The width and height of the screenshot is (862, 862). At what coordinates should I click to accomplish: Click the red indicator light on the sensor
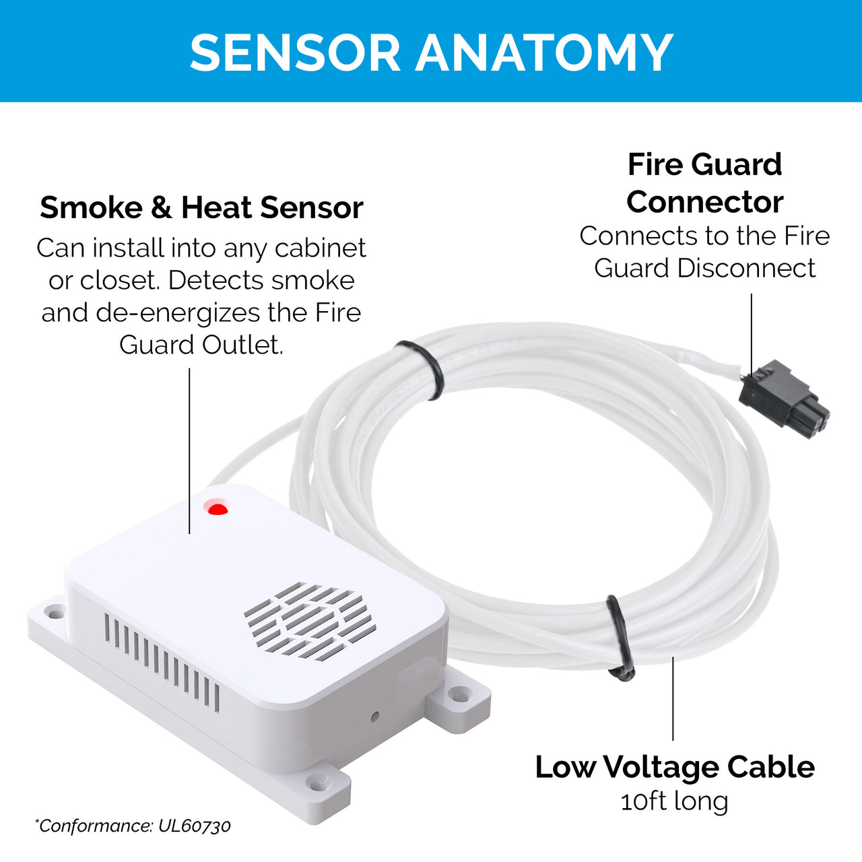click(x=218, y=509)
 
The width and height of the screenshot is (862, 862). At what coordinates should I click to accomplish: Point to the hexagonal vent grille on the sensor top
click(x=310, y=622)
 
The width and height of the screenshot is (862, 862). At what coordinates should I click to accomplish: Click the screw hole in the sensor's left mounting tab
click(x=55, y=611)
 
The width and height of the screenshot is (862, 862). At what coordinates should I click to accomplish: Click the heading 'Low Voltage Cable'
click(x=675, y=768)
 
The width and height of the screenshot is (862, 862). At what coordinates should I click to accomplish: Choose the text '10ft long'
click(x=675, y=801)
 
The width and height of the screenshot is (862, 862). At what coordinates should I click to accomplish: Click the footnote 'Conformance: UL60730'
click(x=133, y=826)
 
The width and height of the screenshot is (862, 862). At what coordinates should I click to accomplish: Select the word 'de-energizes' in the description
click(x=178, y=313)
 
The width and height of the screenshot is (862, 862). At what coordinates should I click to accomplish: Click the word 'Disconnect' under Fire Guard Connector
click(x=746, y=269)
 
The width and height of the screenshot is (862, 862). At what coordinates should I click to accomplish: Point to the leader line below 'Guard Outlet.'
click(x=189, y=451)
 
